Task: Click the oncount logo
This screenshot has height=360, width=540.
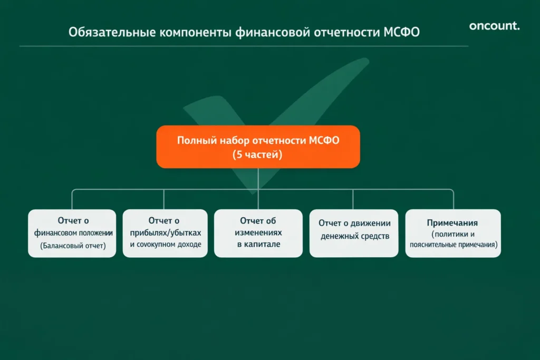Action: click(494, 26)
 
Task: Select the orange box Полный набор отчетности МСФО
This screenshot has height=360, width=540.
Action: click(258, 147)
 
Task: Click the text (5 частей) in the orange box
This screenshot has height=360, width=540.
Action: click(258, 155)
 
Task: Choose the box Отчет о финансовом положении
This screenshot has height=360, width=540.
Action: click(72, 233)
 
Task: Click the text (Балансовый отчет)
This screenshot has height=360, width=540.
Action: click(73, 246)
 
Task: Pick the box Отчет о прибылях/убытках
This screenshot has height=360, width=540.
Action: click(165, 233)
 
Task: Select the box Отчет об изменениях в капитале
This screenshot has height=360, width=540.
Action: click(258, 233)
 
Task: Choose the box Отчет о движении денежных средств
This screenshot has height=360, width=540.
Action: click(354, 233)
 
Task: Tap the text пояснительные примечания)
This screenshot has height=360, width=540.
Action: click(454, 245)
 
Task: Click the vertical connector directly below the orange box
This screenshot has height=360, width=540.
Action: click(258, 179)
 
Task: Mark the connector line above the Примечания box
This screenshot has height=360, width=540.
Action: click(454, 199)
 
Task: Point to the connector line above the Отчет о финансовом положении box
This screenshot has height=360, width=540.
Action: click(72, 199)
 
